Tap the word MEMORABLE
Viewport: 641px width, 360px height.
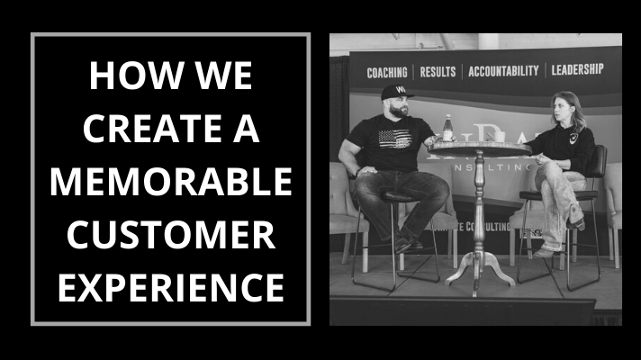170,182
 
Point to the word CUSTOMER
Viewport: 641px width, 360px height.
170,235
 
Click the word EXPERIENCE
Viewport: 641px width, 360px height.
170,287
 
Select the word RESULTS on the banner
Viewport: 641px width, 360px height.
438,71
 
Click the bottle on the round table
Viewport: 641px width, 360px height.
447,129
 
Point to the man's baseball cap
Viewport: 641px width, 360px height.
395,93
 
